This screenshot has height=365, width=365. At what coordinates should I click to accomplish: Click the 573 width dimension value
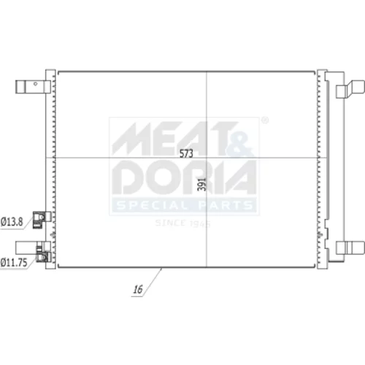click(186, 153)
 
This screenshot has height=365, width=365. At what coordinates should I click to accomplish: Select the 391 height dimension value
click(201, 184)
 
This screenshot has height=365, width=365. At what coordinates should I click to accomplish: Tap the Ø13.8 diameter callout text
click(12, 222)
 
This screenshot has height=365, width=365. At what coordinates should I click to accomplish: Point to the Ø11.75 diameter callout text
click(14, 263)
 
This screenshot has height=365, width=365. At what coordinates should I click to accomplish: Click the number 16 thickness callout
click(138, 289)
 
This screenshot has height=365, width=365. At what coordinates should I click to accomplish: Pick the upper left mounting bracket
click(33, 87)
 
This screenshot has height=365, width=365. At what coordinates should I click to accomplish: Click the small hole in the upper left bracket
click(36, 84)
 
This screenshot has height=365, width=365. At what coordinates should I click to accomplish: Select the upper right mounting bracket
click(350, 89)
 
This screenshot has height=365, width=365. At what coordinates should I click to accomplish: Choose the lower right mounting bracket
click(350, 247)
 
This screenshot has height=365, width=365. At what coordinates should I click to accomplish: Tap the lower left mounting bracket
click(27, 247)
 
